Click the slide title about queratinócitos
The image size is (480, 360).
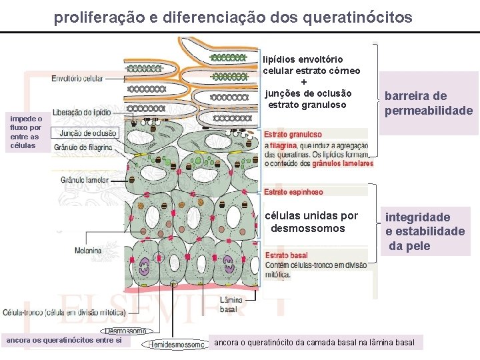pos(233,16)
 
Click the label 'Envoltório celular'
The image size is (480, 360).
pos(77,79)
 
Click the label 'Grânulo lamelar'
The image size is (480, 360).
pos(85,180)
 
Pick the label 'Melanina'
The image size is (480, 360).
pos(88,251)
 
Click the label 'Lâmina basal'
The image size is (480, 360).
pos(231,304)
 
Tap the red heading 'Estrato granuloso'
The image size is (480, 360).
pos(293,135)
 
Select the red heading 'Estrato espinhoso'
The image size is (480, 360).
pos(293,192)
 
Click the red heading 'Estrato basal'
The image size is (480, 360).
pos(286,255)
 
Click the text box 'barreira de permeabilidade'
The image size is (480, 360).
pos(429,103)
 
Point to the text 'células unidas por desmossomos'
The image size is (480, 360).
pos(311,222)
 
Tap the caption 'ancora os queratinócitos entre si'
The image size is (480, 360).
pos(64,341)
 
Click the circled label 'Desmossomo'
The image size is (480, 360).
pos(127,330)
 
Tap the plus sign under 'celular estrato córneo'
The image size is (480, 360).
pos(304,81)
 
